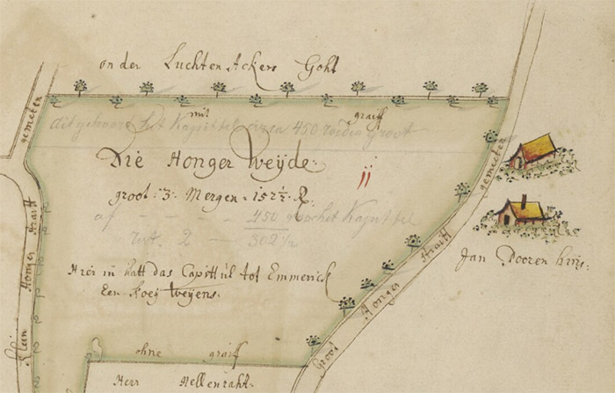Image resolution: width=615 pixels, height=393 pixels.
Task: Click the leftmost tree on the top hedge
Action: [81, 87]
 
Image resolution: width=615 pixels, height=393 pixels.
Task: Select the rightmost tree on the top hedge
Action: [480, 89]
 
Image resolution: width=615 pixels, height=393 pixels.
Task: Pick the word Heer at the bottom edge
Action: [128, 383]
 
